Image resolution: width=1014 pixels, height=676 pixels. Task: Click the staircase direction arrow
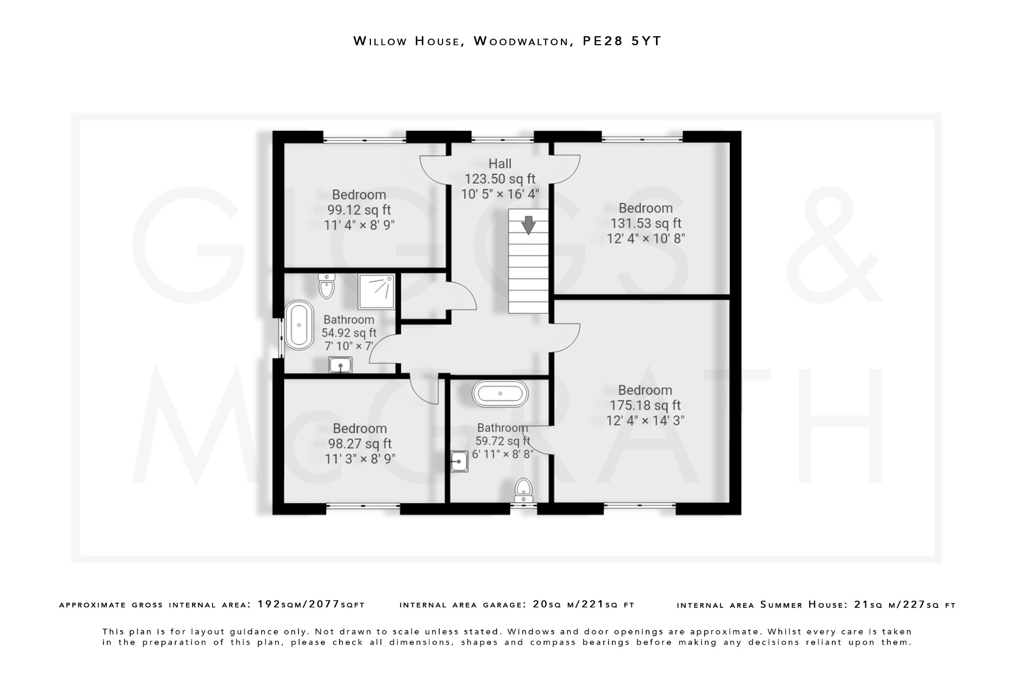(528, 225)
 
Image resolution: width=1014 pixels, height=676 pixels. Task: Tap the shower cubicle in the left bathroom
(376, 291)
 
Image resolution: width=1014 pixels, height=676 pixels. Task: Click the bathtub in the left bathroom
(299, 325)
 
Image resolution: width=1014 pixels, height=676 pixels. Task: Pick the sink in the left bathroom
(340, 365)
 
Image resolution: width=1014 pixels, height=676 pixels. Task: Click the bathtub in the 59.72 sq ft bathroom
(500, 394)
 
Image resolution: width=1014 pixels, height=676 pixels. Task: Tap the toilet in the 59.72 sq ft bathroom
(523, 490)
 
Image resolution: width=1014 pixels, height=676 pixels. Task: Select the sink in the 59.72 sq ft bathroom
(459, 462)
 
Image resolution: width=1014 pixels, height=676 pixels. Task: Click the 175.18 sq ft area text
(645, 406)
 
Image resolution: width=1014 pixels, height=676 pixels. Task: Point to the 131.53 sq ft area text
(646, 223)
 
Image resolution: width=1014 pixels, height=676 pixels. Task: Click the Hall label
(500, 164)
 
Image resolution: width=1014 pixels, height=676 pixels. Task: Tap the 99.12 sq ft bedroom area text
(359, 210)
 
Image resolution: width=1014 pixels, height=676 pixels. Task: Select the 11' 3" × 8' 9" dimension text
(360, 459)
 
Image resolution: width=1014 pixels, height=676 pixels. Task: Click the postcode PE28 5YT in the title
(622, 41)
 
